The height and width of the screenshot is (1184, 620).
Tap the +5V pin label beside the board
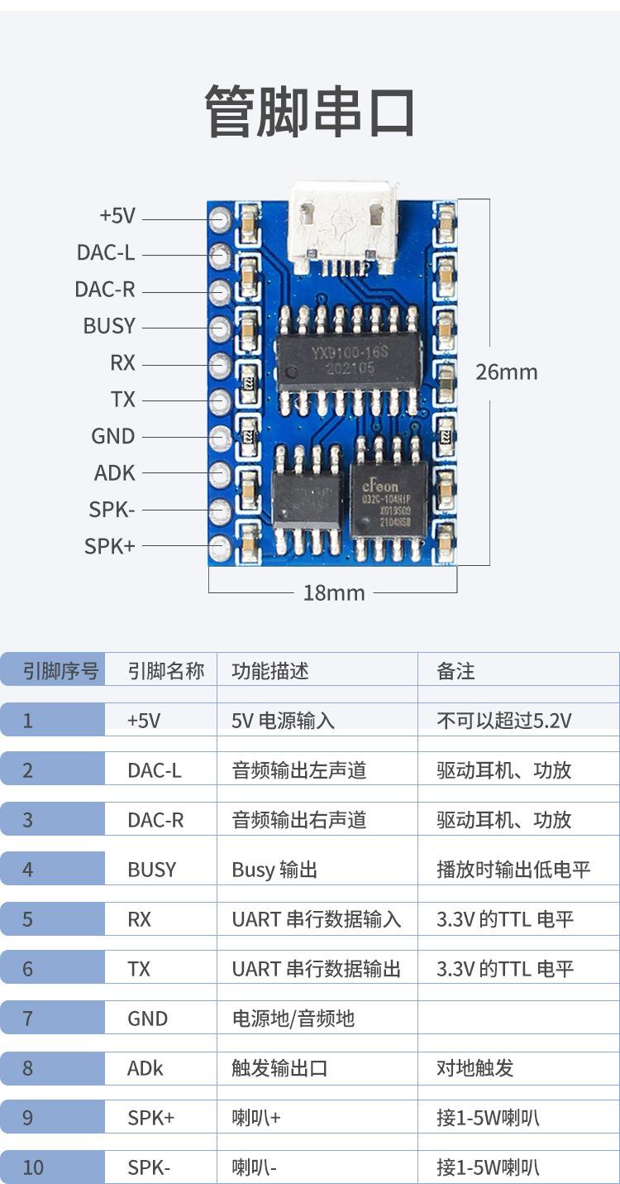[117, 216]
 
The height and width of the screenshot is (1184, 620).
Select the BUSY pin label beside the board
[108, 326]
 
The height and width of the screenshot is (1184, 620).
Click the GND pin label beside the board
[112, 436]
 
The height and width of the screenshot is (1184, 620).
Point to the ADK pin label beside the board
[114, 473]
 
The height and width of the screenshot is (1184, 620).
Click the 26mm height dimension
[506, 372]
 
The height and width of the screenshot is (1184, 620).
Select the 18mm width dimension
[334, 592]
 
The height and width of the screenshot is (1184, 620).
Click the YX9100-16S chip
[348, 361]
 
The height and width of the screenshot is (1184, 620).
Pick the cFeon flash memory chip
[389, 500]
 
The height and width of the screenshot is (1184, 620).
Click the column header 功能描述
[270, 670]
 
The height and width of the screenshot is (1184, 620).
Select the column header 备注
[455, 671]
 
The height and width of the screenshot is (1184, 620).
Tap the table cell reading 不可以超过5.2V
[503, 721]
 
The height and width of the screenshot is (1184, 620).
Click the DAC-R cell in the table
[155, 820]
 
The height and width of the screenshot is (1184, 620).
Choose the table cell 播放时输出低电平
[513, 870]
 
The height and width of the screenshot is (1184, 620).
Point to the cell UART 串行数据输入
[316, 919]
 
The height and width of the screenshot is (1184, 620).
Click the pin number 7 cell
[28, 1019]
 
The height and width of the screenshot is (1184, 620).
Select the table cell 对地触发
[475, 1068]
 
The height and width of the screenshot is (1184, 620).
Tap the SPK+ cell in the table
[150, 1118]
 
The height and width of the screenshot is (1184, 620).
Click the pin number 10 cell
[33, 1167]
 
